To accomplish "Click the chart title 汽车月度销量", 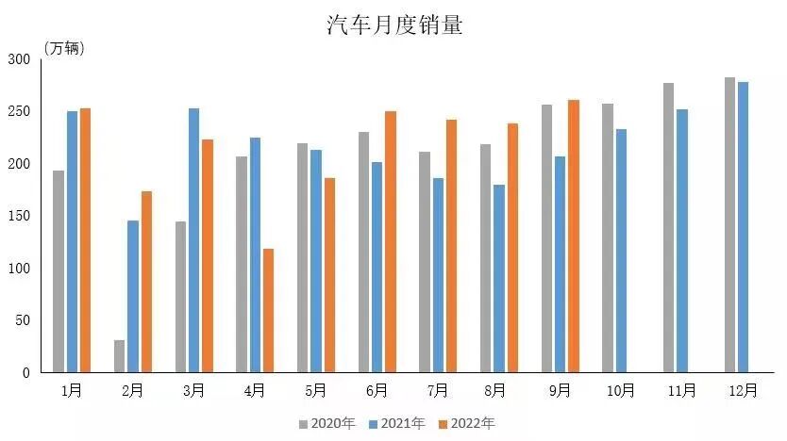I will pyautogui.click(x=394, y=24).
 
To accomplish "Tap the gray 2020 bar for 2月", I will pyautogui.click(x=119, y=356).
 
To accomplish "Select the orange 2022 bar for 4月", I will pyautogui.click(x=268, y=311).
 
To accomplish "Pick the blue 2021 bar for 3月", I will pyautogui.click(x=193, y=240).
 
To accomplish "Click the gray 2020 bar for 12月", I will pyautogui.click(x=729, y=225).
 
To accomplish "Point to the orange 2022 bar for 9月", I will pyautogui.click(x=573, y=237).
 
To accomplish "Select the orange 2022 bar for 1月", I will pyautogui.click(x=85, y=240).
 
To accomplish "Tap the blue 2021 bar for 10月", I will pyautogui.click(x=621, y=251).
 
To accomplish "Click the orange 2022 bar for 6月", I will pyautogui.click(x=390, y=242).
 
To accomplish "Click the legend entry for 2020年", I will pyautogui.click(x=327, y=424).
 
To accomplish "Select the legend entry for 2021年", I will pyautogui.click(x=397, y=424).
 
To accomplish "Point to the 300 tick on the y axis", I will pyautogui.click(x=21, y=59).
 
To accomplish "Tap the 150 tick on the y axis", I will pyautogui.click(x=21, y=216).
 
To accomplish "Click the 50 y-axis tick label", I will pyautogui.click(x=24, y=320).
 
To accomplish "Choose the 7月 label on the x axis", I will pyautogui.click(x=437, y=390).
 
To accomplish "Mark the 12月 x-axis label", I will pyautogui.click(x=743, y=390).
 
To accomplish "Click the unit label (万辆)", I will pyautogui.click(x=65, y=49).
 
